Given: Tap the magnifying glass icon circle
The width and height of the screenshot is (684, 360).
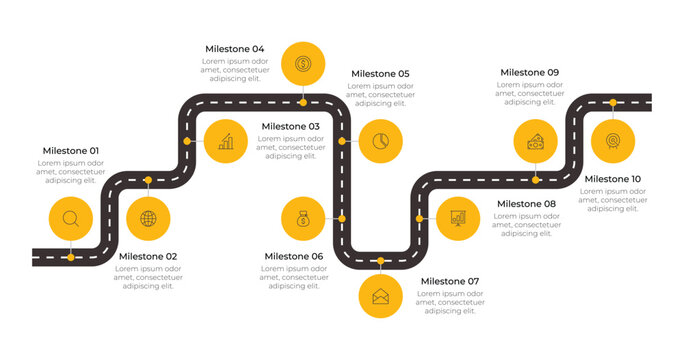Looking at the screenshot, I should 70,218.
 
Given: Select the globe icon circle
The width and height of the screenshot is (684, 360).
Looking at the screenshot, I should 148,218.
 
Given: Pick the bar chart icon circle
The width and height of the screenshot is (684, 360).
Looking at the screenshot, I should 226,142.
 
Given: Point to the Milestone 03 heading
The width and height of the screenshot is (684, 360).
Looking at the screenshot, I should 291,127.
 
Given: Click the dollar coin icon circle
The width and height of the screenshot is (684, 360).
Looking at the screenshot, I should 302,64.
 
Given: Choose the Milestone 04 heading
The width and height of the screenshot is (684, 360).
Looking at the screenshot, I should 235,49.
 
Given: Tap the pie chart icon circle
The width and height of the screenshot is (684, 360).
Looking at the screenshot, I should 380,141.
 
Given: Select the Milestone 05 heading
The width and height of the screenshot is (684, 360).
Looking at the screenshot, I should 380,74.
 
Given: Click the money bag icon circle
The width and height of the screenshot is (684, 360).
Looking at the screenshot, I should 303,218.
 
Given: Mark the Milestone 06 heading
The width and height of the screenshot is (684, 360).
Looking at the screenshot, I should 294,257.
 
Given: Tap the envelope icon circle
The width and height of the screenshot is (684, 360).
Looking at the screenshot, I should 380,296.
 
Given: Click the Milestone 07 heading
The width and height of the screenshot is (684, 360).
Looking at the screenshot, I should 450,282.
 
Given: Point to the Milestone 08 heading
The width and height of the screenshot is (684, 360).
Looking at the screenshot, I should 526,204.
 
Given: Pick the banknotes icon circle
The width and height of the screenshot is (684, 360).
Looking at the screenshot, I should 536,141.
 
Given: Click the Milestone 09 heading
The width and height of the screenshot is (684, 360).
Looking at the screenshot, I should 530,72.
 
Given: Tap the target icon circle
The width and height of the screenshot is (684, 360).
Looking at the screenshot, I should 613,141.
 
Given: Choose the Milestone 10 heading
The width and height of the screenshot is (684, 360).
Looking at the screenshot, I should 613,180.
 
